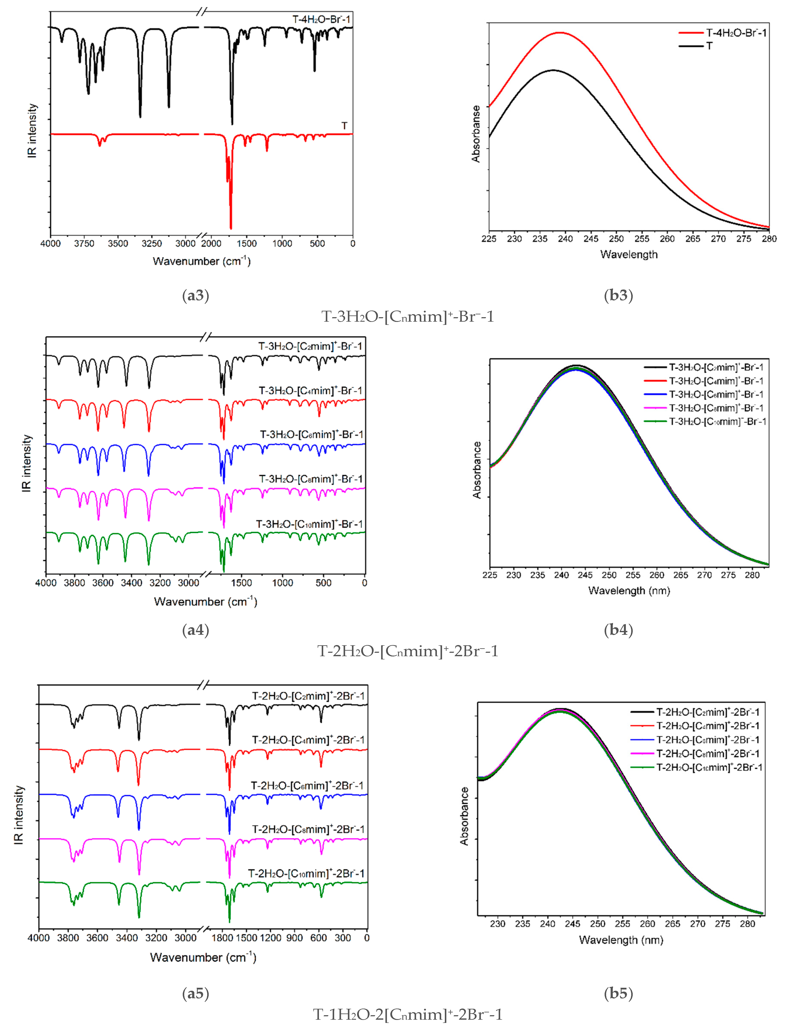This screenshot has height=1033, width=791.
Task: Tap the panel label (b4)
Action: [618, 630]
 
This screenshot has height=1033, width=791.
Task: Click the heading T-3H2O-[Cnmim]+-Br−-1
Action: [408, 316]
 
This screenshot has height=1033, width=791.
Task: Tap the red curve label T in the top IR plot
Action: [344, 126]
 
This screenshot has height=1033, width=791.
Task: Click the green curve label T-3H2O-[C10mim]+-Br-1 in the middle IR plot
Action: [309, 524]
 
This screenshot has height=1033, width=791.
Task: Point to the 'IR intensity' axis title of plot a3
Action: [32, 130]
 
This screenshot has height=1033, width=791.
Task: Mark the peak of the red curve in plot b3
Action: [560, 32]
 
